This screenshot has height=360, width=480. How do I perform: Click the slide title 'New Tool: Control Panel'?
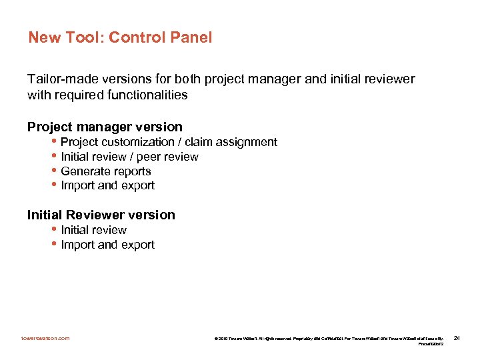[x=120, y=37]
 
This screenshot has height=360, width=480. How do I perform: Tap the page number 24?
[x=457, y=339]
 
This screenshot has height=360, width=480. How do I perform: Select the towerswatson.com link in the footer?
[x=45, y=339]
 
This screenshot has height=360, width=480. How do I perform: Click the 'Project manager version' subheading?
[x=105, y=127]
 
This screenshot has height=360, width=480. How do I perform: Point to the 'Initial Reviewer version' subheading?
[x=101, y=215]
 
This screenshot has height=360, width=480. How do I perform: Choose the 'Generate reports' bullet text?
[x=105, y=171]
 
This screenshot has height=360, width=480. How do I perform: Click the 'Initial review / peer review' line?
[x=129, y=157]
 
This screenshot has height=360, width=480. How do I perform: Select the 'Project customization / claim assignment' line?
[x=169, y=142]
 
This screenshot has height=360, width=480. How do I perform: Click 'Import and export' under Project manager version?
[x=107, y=186]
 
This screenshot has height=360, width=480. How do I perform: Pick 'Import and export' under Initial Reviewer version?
[x=107, y=245]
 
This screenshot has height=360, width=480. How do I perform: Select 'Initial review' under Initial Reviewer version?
[x=93, y=230]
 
